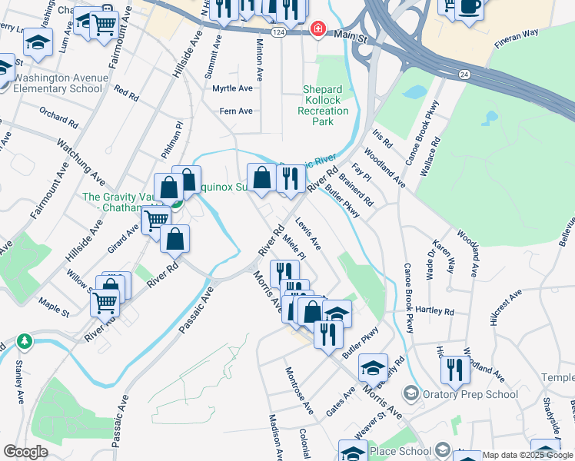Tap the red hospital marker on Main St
coord(316,29)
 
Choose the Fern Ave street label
coord(236,111)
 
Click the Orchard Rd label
coord(59,118)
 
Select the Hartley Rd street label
coord(435,311)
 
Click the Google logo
coord(25,452)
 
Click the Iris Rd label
coord(382,138)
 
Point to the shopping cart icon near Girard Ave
coord(156,220)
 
